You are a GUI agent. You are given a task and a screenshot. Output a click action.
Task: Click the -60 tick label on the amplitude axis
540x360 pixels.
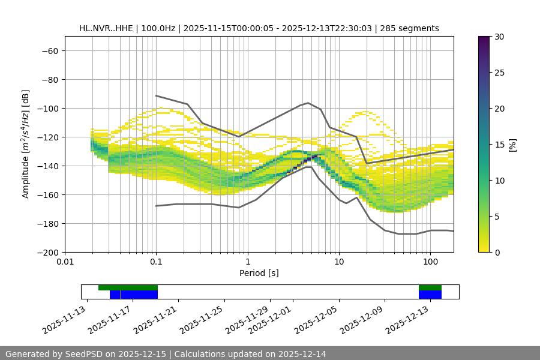click(x=49, y=50)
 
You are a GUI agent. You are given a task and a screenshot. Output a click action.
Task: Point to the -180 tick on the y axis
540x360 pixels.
click(x=47, y=223)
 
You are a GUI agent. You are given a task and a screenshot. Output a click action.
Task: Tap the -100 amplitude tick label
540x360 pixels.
click(x=47, y=108)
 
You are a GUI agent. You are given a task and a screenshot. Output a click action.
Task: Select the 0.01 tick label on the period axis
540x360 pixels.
click(x=65, y=262)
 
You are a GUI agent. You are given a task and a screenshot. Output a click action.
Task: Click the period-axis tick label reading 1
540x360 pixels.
click(x=247, y=262)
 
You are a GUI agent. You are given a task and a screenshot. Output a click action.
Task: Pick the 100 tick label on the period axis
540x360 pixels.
click(x=430, y=262)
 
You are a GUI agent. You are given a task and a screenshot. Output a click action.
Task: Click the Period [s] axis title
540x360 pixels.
click(x=259, y=273)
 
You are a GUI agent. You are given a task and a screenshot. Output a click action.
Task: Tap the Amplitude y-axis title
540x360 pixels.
click(x=25, y=144)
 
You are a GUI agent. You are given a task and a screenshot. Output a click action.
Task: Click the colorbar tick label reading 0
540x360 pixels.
click(x=496, y=252)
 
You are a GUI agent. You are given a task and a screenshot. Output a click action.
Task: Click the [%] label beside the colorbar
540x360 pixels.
click(x=512, y=145)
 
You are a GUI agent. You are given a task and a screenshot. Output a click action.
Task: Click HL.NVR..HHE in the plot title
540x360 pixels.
click(x=106, y=28)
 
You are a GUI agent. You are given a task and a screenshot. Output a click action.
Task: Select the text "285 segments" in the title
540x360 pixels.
click(x=413, y=28)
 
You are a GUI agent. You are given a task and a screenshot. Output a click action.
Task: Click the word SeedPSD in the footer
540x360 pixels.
click(x=87, y=354)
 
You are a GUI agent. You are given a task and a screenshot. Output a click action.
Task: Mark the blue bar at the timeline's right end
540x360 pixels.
click(x=430, y=295)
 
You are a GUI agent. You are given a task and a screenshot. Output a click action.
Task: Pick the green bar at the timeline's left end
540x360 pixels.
click(x=128, y=287)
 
